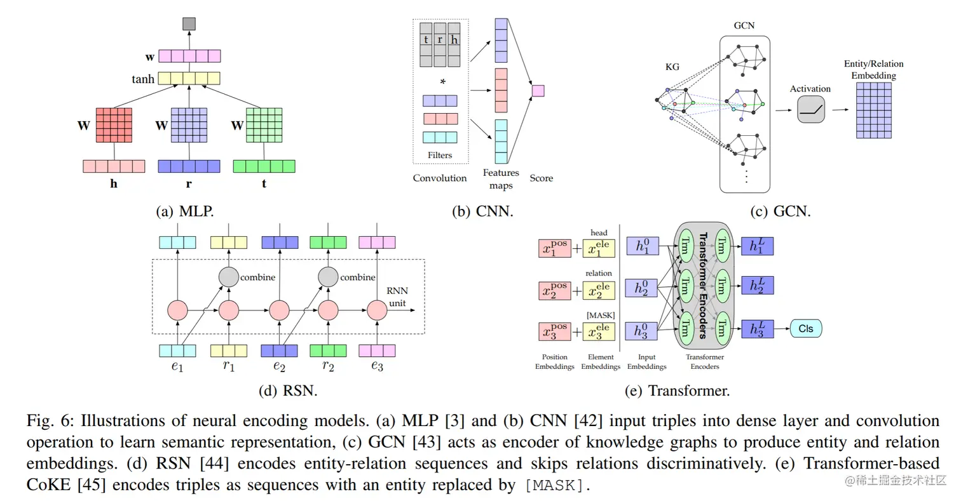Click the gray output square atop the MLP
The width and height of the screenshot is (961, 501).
click(x=189, y=24)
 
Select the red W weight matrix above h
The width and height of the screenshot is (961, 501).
click(x=113, y=125)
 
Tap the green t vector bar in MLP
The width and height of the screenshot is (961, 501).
click(x=264, y=166)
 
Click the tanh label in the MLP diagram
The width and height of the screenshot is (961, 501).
click(x=143, y=79)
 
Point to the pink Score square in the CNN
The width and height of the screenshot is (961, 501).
click(x=538, y=91)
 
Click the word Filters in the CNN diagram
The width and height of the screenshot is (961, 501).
click(x=440, y=155)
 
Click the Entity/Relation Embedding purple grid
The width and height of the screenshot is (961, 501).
click(x=873, y=110)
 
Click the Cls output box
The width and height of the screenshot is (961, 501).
click(x=806, y=328)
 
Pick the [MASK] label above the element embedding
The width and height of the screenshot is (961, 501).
click(x=599, y=315)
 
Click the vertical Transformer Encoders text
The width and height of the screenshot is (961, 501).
click(x=703, y=286)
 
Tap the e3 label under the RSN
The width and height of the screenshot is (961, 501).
click(x=377, y=367)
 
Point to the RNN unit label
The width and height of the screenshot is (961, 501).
click(x=397, y=298)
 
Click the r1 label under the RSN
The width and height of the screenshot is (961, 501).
click(x=228, y=367)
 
